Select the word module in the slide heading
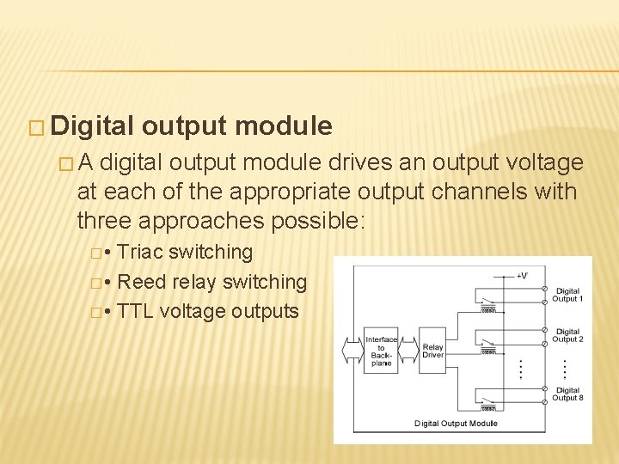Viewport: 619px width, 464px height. pos(283,126)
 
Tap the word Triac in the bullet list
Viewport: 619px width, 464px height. pos(140,253)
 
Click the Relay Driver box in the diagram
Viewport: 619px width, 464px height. pos(432,351)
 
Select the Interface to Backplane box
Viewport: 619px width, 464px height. pos(381,351)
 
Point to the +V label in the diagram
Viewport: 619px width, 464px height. pos(522,276)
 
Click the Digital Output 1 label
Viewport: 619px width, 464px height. pos(567,295)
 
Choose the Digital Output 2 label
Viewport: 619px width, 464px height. pos(567,335)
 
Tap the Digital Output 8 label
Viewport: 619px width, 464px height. pos(567,394)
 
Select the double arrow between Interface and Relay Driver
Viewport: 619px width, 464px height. pos(408,351)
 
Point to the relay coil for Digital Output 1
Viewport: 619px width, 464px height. pos(489,311)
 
